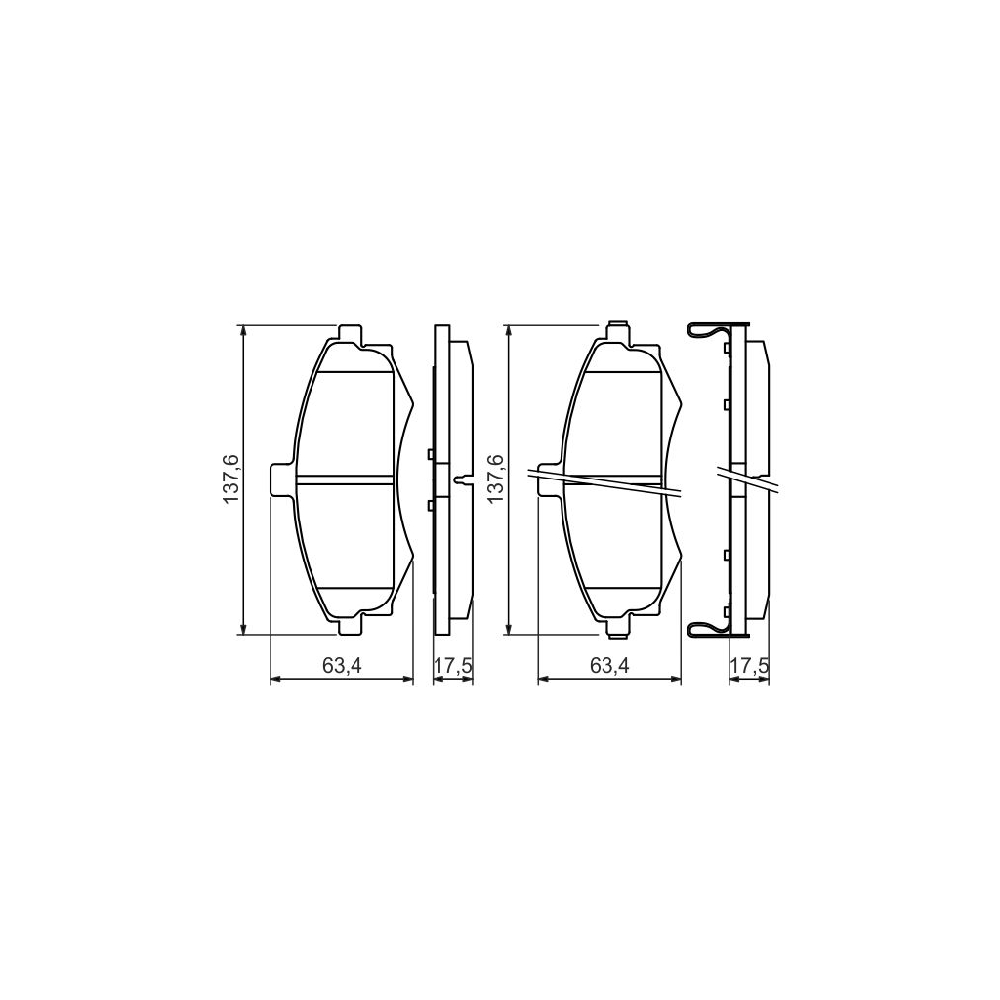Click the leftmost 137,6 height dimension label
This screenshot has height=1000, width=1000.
(230, 479)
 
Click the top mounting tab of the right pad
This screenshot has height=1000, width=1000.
(616, 333)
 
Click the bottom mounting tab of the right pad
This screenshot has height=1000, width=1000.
(616, 625)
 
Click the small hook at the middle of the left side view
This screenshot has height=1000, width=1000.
(460, 479)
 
